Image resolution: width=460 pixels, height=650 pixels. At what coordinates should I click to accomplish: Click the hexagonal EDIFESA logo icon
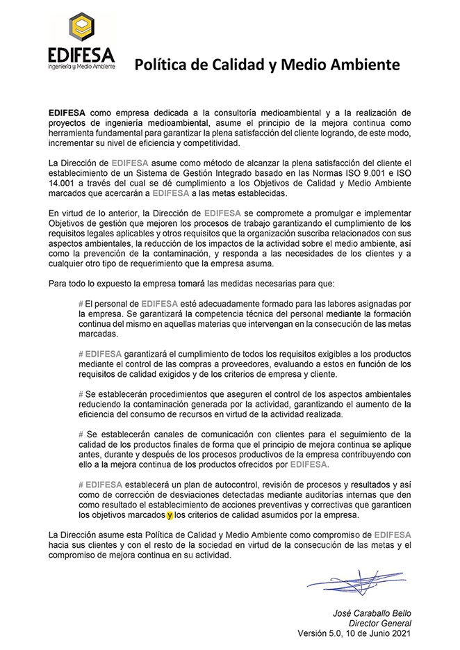click(82, 28)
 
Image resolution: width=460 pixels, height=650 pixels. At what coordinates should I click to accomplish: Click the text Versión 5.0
click(321, 634)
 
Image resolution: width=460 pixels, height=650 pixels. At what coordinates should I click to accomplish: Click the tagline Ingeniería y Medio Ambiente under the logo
click(81, 66)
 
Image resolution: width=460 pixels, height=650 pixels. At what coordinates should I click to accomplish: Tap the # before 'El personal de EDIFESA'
click(81, 304)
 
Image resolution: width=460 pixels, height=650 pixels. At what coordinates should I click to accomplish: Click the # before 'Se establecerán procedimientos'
click(81, 394)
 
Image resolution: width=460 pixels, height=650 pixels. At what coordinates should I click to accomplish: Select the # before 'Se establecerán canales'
click(81, 434)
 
